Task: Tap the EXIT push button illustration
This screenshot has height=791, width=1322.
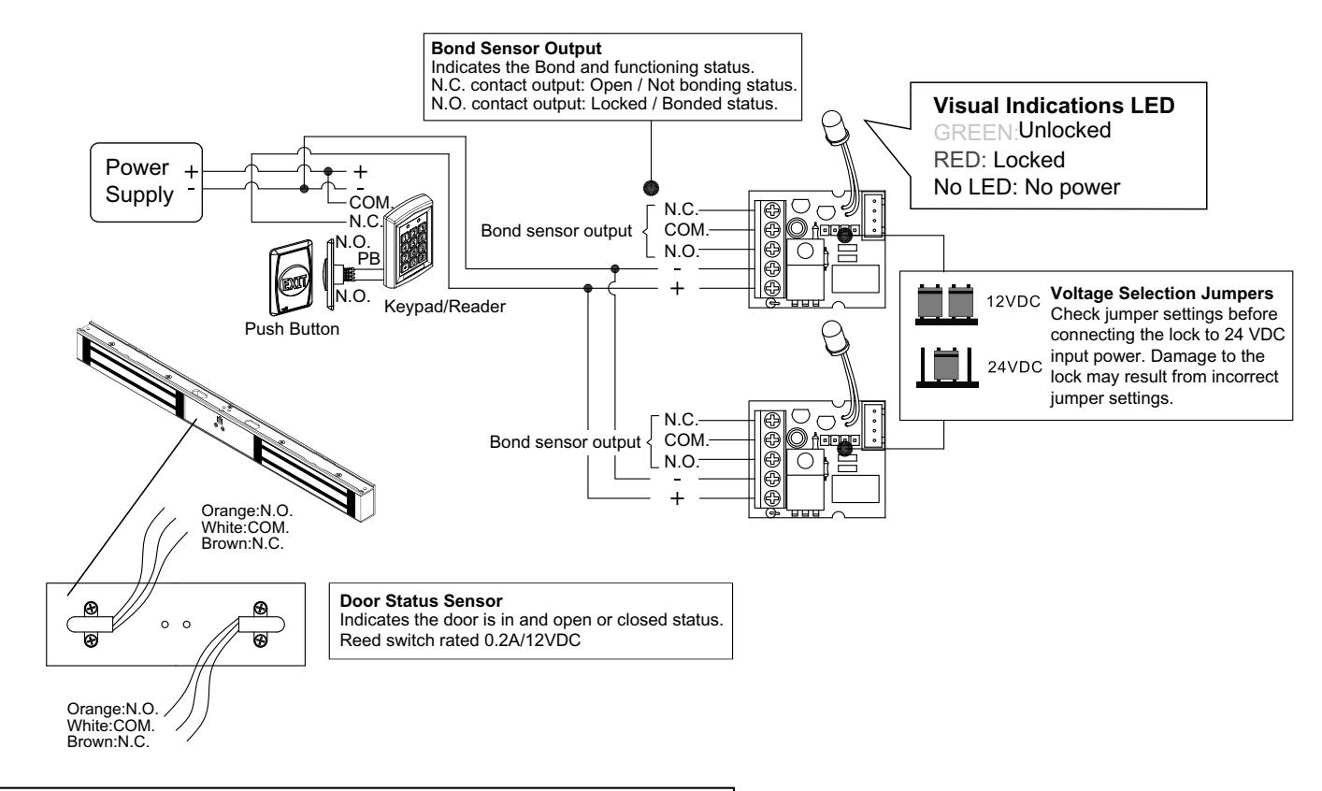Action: [292, 278]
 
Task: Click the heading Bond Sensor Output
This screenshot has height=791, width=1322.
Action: [516, 49]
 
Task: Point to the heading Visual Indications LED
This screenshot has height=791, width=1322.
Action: [1054, 106]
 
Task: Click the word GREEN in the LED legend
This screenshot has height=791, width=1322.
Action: [975, 132]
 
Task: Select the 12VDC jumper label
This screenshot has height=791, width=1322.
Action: [1013, 302]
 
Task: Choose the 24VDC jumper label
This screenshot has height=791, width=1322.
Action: [1014, 367]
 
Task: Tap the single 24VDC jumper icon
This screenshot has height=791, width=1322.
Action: [947, 367]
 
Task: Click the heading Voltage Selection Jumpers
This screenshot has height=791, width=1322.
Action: [1161, 294]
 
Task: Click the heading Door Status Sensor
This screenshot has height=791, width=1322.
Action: [421, 601]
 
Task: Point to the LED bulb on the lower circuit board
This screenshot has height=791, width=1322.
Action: [834, 337]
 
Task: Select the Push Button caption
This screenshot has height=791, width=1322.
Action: [292, 329]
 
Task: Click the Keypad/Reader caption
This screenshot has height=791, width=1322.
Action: [444, 307]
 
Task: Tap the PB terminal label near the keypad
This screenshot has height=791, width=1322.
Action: [369, 259]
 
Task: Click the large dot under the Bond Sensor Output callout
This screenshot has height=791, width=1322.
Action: [651, 188]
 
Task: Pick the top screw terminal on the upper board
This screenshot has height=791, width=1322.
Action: [772, 210]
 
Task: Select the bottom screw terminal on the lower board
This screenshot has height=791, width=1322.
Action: [772, 497]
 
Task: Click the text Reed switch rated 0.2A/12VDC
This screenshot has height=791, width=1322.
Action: [460, 640]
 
